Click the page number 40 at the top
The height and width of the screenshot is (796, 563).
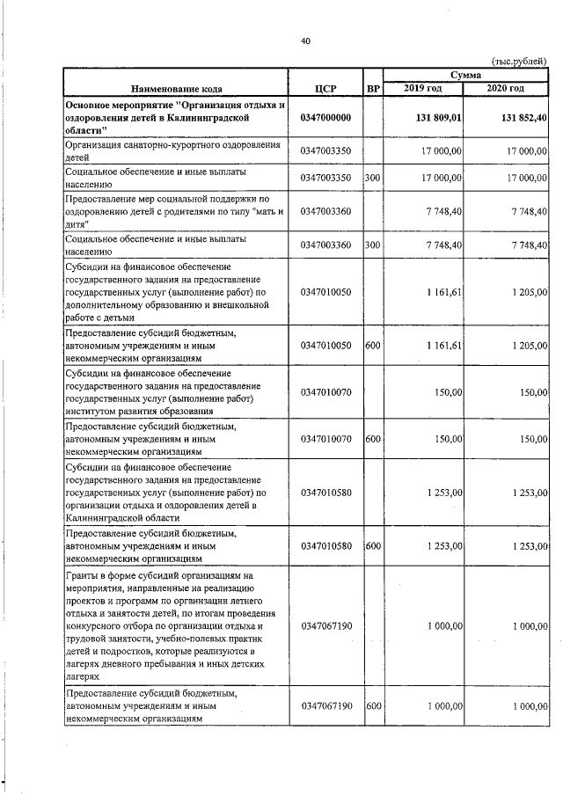(x=305, y=40)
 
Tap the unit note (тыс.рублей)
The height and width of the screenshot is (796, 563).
(x=519, y=61)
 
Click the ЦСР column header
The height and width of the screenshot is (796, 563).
(x=325, y=89)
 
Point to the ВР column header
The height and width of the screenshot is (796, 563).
(x=372, y=89)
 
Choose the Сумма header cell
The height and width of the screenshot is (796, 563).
(x=465, y=76)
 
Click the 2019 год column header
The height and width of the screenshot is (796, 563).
(x=425, y=89)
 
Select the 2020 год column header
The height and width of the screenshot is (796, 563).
(x=505, y=89)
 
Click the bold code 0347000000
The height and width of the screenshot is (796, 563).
(x=325, y=118)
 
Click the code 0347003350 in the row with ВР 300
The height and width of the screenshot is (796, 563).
(x=325, y=179)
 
